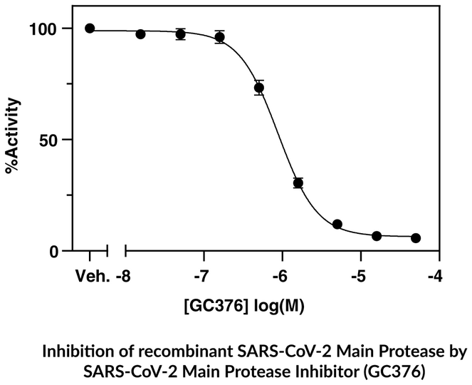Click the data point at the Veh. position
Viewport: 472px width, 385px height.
(x=90, y=29)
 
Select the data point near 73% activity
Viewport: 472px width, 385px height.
(x=259, y=88)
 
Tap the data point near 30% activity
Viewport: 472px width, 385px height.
(x=298, y=183)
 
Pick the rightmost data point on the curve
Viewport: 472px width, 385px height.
(x=416, y=238)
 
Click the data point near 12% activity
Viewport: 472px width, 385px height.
(x=337, y=225)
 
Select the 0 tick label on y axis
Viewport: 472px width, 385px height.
(x=61, y=251)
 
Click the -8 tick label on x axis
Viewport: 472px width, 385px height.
(x=126, y=275)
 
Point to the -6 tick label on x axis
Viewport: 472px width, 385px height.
(x=282, y=275)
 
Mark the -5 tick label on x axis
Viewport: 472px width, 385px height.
(x=360, y=275)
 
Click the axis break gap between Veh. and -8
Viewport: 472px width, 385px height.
(x=117, y=251)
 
